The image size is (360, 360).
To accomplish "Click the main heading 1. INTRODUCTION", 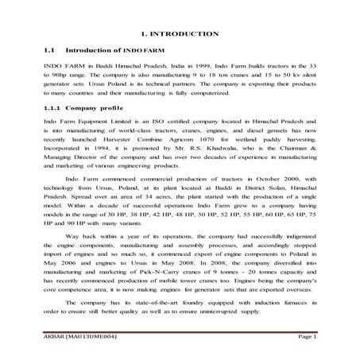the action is tap(180, 33).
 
